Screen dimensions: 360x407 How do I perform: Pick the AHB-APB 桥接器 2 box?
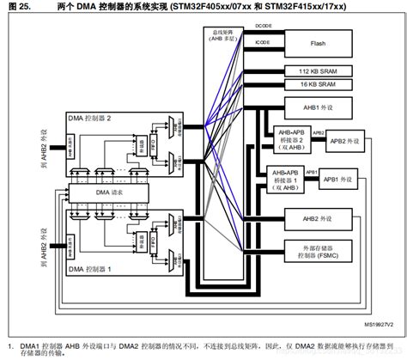click(289, 139)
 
